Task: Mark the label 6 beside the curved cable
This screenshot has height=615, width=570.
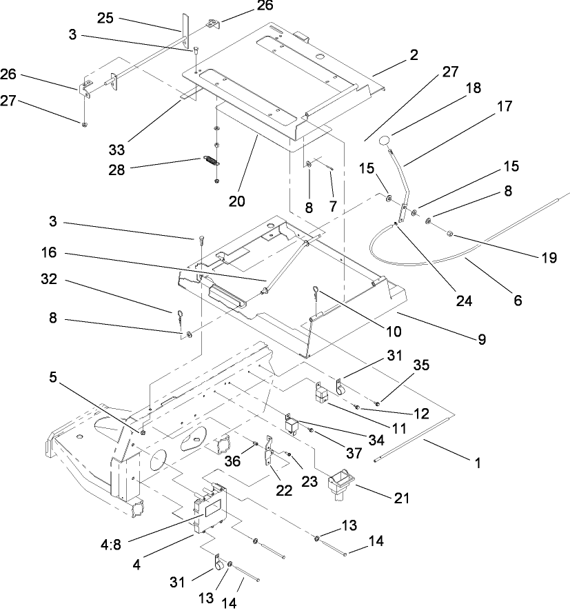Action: coord(517,301)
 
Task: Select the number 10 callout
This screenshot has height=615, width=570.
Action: coord(394,331)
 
